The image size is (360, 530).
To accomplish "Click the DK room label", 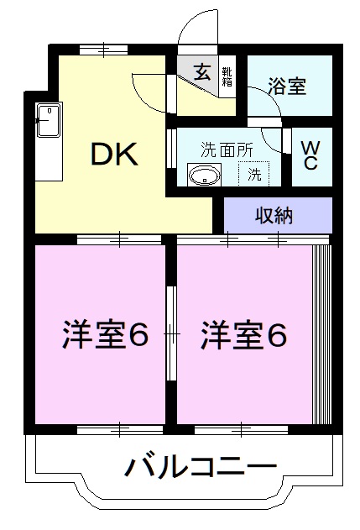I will pyautogui.click(x=112, y=153).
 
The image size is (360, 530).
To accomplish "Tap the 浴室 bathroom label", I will pyautogui.click(x=287, y=86).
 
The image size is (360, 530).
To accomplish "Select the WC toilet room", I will pyautogui.click(x=310, y=155).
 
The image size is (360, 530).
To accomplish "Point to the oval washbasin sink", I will pyautogui.click(x=204, y=176).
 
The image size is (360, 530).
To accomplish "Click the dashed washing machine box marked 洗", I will pyautogui.click(x=253, y=175).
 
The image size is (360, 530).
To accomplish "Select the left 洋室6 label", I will pyautogui.click(x=103, y=335).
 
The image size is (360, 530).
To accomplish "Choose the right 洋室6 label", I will pyautogui.click(x=243, y=335).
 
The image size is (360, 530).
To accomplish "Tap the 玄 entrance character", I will pyautogui.click(x=203, y=72).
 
